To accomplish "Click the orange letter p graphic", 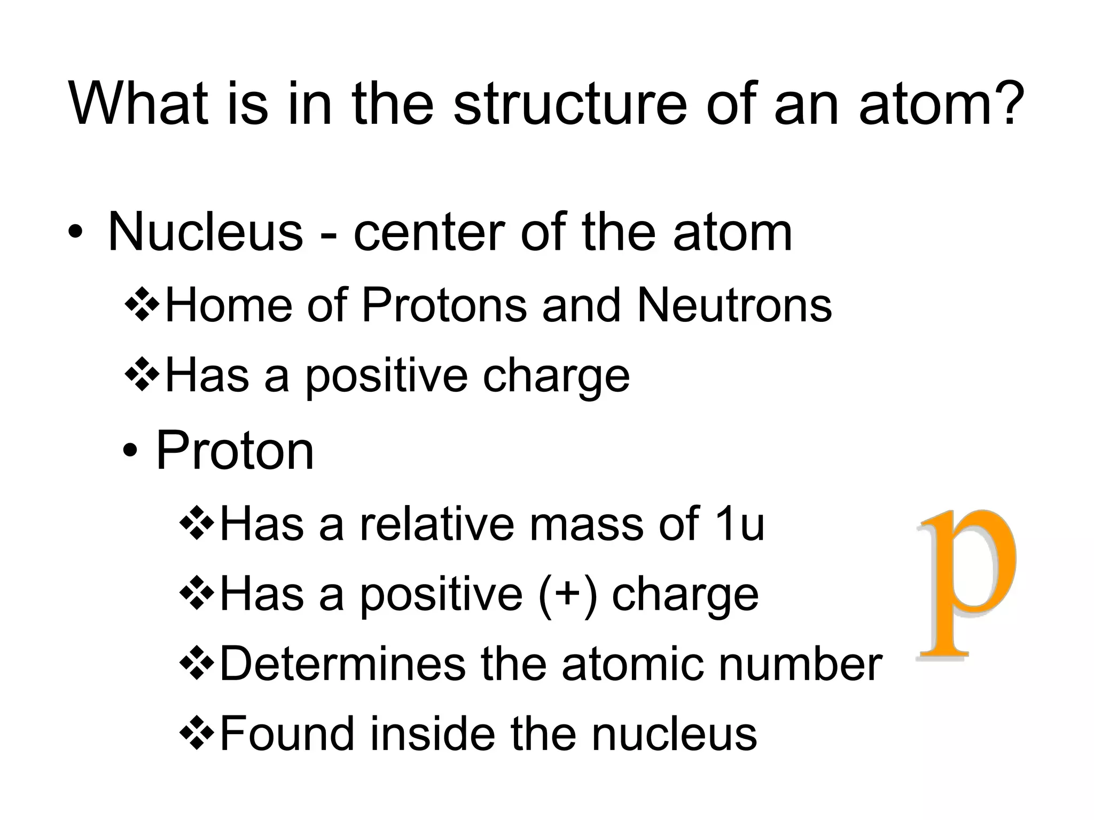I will (x=966, y=587).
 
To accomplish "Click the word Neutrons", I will (x=734, y=305).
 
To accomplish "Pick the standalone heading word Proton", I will (x=235, y=451).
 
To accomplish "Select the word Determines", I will (x=342, y=664).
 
